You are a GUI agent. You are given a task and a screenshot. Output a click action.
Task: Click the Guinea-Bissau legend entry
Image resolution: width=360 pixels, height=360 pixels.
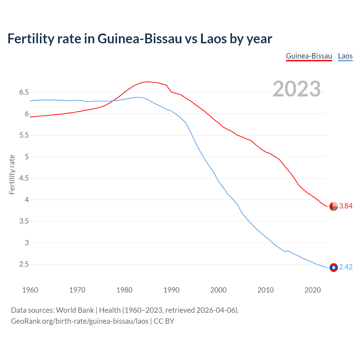309,56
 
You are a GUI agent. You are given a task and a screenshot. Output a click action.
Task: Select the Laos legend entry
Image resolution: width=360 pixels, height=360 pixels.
345,56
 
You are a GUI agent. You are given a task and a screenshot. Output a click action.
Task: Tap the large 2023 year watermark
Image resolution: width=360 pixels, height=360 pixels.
297,89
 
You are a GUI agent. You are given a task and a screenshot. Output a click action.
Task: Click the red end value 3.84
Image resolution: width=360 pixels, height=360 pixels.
346,206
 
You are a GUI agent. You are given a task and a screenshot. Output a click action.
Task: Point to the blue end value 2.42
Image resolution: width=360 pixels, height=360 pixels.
346,267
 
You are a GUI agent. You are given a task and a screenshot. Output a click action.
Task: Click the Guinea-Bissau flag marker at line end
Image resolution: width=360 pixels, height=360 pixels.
334,206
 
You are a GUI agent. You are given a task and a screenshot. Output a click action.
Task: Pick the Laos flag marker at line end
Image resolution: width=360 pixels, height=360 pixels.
334,267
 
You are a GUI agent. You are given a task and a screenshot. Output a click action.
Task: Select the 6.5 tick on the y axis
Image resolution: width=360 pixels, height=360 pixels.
24,92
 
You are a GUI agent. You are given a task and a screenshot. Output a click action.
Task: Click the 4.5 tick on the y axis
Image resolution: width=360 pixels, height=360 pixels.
24,178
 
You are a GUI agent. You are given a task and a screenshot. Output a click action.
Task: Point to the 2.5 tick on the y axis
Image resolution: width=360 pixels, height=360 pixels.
24,264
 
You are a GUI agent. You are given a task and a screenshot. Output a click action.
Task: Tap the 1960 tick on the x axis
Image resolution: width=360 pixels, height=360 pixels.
30,290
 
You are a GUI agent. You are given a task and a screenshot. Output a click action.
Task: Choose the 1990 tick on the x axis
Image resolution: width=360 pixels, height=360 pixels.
171,290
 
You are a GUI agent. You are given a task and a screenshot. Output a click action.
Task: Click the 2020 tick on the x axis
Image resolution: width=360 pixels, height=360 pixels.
312,290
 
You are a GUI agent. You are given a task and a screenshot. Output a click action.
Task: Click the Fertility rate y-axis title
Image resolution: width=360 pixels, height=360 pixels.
12,174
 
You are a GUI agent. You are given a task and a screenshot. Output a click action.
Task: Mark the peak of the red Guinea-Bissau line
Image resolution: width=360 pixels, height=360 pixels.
148,82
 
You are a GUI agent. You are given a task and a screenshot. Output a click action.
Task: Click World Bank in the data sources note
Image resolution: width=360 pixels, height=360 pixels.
75,310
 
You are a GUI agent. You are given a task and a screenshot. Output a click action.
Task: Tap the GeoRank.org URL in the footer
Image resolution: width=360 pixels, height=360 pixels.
80,321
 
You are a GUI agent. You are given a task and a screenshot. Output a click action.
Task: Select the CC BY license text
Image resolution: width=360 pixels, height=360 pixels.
164,321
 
